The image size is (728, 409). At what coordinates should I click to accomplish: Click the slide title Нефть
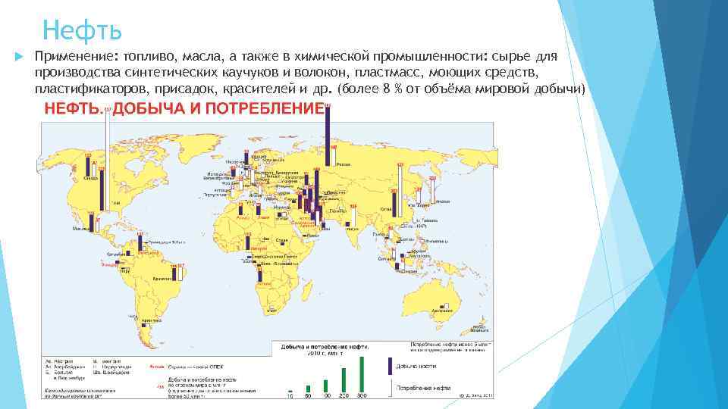(82, 30)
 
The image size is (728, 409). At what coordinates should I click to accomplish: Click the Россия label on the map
(344, 164)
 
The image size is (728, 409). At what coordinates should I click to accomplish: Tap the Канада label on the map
(90, 179)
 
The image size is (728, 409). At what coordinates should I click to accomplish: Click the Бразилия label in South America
(160, 278)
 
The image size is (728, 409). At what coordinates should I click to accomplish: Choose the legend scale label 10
(290, 395)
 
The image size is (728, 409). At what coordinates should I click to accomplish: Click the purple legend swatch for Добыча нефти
(390, 366)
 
